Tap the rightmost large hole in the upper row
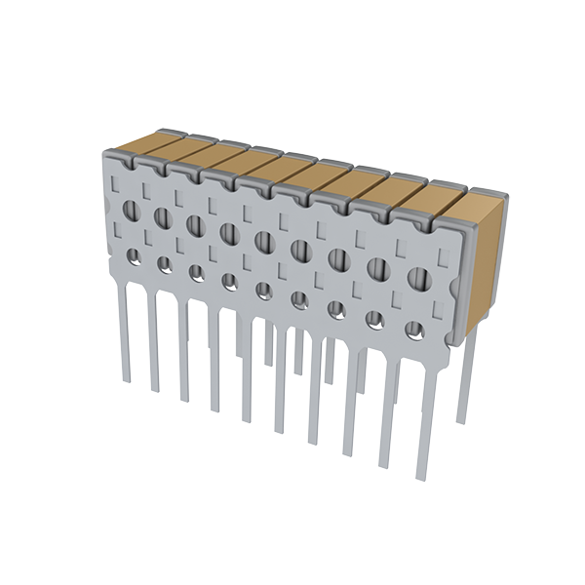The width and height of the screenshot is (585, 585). [x=417, y=277]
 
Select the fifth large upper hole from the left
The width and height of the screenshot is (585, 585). [x=263, y=240]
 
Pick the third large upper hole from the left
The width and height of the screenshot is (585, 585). [x=195, y=224]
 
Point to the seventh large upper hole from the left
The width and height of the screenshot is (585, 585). [x=338, y=258]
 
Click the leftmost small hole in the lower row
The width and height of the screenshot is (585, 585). [x=132, y=255]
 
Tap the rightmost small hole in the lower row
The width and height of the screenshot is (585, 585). [x=414, y=330]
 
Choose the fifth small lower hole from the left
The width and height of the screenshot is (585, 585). [x=263, y=290]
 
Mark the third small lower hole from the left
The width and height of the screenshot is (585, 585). [x=196, y=272]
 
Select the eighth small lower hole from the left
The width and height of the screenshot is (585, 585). [x=374, y=319]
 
